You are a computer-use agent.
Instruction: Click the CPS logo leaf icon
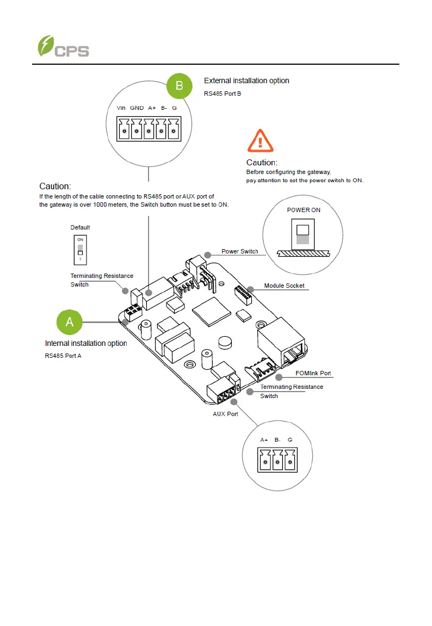(x=46, y=46)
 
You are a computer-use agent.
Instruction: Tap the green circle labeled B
(x=180, y=85)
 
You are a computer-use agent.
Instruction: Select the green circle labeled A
(x=70, y=322)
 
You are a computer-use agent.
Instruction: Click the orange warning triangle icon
(x=260, y=141)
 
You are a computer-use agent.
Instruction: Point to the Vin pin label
(x=121, y=108)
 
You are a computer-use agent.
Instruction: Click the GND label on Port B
(x=137, y=108)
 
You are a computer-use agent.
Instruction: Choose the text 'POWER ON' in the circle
(x=304, y=210)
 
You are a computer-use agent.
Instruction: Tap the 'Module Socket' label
(x=284, y=286)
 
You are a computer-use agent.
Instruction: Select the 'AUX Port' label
(x=225, y=414)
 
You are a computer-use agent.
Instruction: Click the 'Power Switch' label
(x=240, y=251)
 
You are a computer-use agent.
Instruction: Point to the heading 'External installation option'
(x=246, y=80)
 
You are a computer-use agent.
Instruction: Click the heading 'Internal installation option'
(x=86, y=343)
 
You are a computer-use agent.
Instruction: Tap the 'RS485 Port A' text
(x=63, y=356)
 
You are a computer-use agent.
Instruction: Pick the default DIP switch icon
(x=80, y=248)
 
